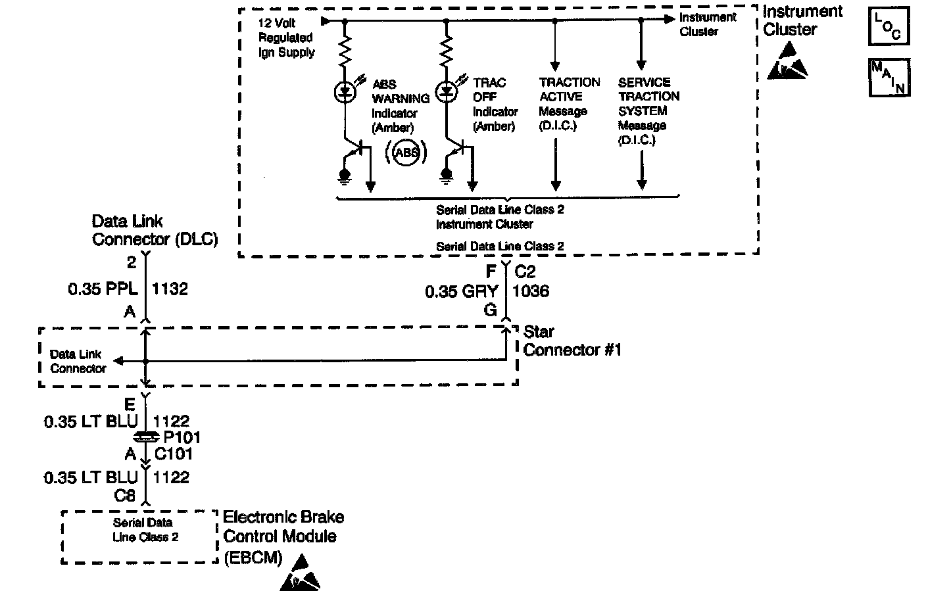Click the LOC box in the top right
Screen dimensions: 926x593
pyautogui.click(x=889, y=26)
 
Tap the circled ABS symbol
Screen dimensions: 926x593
pyautogui.click(x=406, y=153)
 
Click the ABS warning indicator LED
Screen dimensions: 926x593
pyautogui.click(x=345, y=92)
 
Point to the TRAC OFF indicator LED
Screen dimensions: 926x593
pyautogui.click(x=447, y=91)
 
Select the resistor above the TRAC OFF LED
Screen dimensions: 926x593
pyautogui.click(x=447, y=51)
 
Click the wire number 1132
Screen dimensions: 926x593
pyautogui.click(x=170, y=289)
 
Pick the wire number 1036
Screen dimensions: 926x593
pyautogui.click(x=531, y=291)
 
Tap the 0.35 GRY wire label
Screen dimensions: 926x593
pyautogui.click(x=462, y=291)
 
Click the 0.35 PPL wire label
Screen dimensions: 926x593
pyautogui.click(x=103, y=289)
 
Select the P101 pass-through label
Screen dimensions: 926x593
pyautogui.click(x=182, y=437)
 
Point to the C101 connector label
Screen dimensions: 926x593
pyautogui.click(x=173, y=454)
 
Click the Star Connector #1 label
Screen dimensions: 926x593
pyautogui.click(x=572, y=341)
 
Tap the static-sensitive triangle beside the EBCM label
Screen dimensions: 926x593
pyautogui.click(x=301, y=573)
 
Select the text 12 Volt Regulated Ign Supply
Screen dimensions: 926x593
pyautogui.click(x=287, y=38)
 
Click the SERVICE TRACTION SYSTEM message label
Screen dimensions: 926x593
pyautogui.click(x=648, y=110)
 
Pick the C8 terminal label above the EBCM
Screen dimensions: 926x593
pyautogui.click(x=125, y=495)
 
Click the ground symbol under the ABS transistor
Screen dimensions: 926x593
pyautogui.click(x=345, y=176)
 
